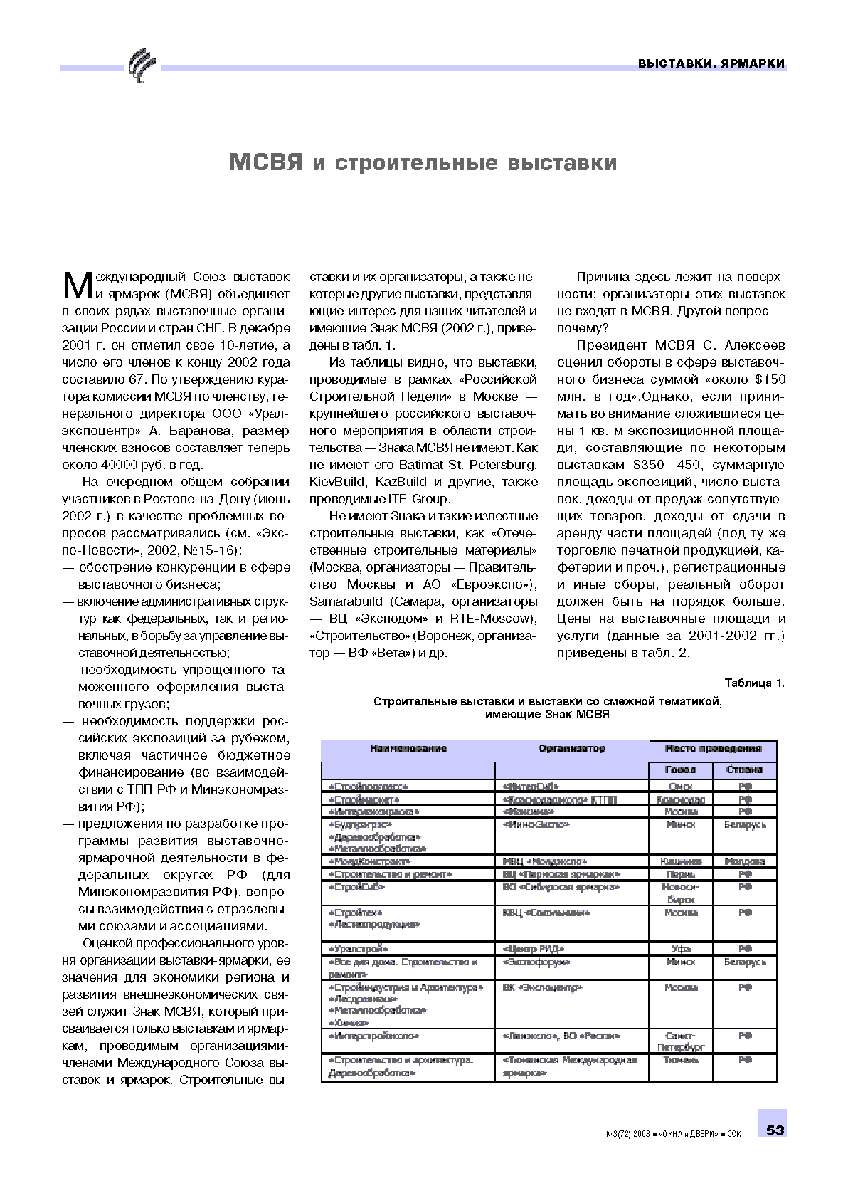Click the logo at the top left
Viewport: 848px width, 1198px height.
pos(141,65)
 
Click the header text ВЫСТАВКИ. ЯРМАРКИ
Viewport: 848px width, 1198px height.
pos(711,63)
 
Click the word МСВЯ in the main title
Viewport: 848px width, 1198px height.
pos(265,162)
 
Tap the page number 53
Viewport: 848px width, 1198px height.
pos(775,1130)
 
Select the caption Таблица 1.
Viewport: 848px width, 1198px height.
pos(754,683)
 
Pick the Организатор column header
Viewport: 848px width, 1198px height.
pos(571,748)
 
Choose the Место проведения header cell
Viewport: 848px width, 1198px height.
pos(713,748)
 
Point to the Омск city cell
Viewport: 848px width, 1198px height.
pos(681,787)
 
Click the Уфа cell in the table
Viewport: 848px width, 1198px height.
pos(681,948)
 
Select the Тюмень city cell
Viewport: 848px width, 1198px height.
pos(681,1060)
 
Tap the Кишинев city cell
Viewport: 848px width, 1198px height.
pos(681,861)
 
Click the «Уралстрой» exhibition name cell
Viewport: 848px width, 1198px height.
pos(359,948)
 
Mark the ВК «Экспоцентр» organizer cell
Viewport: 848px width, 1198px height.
pos(542,987)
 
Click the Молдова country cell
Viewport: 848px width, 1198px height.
pos(744,861)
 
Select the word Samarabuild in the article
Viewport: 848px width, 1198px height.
pos(346,601)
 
